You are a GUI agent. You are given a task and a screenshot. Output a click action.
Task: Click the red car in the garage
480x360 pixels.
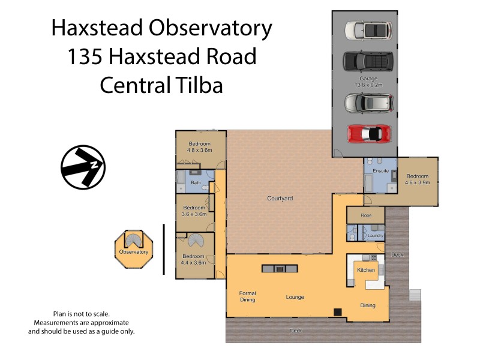pyautogui.click(x=368, y=132)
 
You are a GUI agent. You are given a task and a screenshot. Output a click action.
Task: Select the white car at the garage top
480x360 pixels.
pyautogui.click(x=368, y=29)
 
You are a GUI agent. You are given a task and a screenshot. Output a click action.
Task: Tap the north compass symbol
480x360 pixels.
pyautogui.click(x=83, y=166)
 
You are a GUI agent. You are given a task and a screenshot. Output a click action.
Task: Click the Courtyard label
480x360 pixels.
pyautogui.click(x=280, y=198)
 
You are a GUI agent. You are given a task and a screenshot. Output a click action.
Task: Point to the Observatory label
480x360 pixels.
pyautogui.click(x=133, y=252)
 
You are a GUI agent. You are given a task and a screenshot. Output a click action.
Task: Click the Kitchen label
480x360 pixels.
pyautogui.click(x=366, y=270)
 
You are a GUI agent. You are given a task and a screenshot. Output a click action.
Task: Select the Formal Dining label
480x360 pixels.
pyautogui.click(x=247, y=297)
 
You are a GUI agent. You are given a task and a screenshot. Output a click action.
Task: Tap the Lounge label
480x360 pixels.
pyautogui.click(x=295, y=297)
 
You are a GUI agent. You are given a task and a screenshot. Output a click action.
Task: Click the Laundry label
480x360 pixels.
pyautogui.click(x=376, y=236)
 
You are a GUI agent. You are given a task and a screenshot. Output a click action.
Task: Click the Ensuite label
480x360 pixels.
pyautogui.click(x=380, y=171)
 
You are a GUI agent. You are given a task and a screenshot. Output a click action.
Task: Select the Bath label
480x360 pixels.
pyautogui.click(x=196, y=182)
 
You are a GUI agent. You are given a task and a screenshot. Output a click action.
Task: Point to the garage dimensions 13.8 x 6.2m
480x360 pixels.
pyautogui.click(x=368, y=86)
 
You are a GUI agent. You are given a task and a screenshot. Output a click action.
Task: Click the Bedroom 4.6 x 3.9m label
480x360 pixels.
pyautogui.click(x=418, y=179)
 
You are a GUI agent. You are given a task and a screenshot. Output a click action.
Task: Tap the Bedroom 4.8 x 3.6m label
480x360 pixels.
pyautogui.click(x=200, y=147)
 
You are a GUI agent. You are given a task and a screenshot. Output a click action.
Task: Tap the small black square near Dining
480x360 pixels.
pyautogui.click(x=338, y=311)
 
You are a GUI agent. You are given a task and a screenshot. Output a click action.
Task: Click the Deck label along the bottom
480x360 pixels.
pyautogui.click(x=295, y=331)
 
